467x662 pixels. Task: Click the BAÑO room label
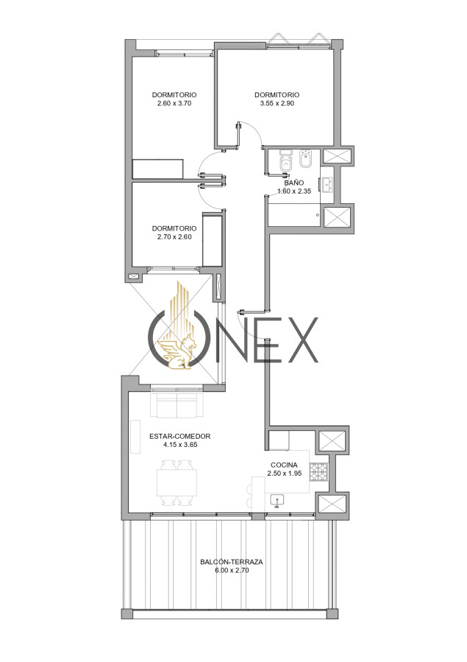click(293, 183)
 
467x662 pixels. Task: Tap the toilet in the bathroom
click(286, 160)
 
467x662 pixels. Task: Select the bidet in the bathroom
click(305, 159)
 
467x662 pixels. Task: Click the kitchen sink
click(277, 500)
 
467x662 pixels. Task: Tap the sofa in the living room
click(177, 404)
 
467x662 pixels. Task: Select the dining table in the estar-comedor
click(177, 483)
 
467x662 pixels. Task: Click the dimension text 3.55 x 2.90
click(277, 103)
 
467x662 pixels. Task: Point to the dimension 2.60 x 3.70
click(174, 103)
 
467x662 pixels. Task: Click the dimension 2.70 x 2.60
click(174, 237)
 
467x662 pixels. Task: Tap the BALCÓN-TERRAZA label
click(232, 562)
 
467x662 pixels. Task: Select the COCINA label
click(284, 465)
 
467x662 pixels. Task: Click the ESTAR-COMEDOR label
click(180, 437)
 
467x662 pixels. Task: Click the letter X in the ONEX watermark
click(302, 340)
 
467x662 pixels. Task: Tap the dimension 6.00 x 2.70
click(232, 571)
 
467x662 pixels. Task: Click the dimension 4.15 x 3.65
click(180, 445)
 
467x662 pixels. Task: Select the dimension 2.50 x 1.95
click(285, 473)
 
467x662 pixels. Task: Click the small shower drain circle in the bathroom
click(318, 215)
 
